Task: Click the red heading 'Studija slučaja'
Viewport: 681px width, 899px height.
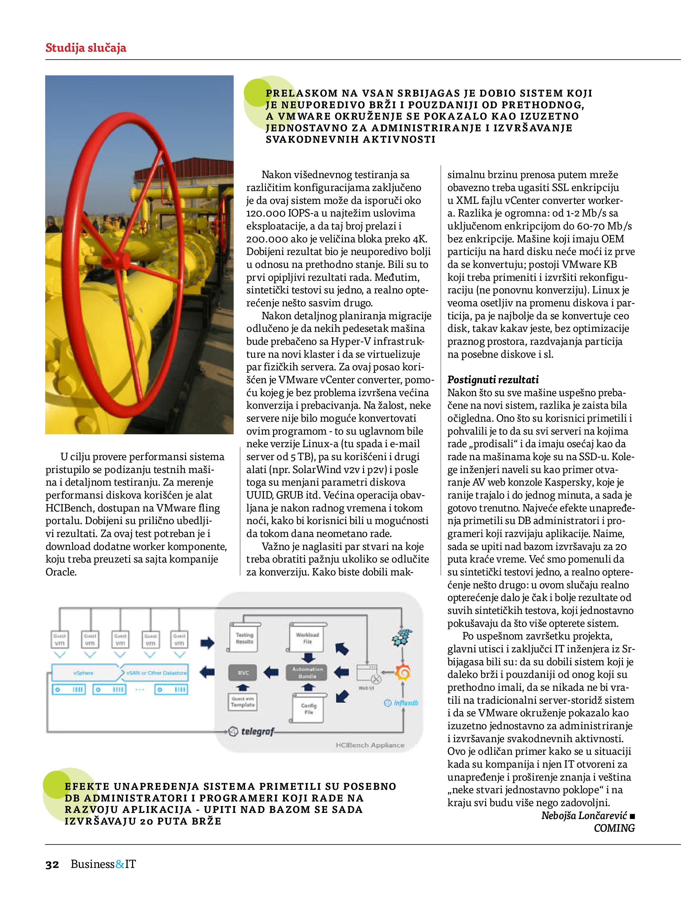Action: click(x=86, y=48)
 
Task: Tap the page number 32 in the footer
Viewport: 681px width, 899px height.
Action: click(x=52, y=865)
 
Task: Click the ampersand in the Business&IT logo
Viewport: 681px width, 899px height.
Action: click(x=120, y=864)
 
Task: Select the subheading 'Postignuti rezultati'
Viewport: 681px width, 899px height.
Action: click(x=493, y=380)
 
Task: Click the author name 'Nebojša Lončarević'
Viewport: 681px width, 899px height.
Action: click(x=584, y=815)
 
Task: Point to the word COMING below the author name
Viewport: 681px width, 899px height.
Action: click(x=614, y=828)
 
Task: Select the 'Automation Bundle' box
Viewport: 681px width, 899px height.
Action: click(x=307, y=673)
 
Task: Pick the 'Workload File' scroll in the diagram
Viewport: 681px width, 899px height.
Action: click(x=307, y=638)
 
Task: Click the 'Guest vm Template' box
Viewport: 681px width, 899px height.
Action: click(x=243, y=702)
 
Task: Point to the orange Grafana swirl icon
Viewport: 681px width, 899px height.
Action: click(x=403, y=673)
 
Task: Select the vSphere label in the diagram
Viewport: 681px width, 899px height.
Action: click(x=83, y=673)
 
